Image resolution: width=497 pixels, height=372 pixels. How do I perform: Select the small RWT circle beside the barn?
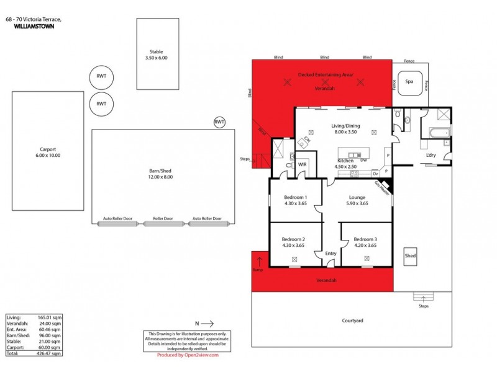219,122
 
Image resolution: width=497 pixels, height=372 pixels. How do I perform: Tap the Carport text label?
47,152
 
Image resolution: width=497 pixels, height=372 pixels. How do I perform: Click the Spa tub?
409,82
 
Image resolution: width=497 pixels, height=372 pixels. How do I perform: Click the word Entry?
330,254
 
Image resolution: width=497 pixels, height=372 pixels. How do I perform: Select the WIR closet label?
302,165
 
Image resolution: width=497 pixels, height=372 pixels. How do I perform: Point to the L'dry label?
430,156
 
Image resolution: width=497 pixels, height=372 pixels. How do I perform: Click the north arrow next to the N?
207,323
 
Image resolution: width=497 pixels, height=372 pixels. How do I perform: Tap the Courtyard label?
353,321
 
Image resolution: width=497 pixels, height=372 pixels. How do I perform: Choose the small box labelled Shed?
410,255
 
